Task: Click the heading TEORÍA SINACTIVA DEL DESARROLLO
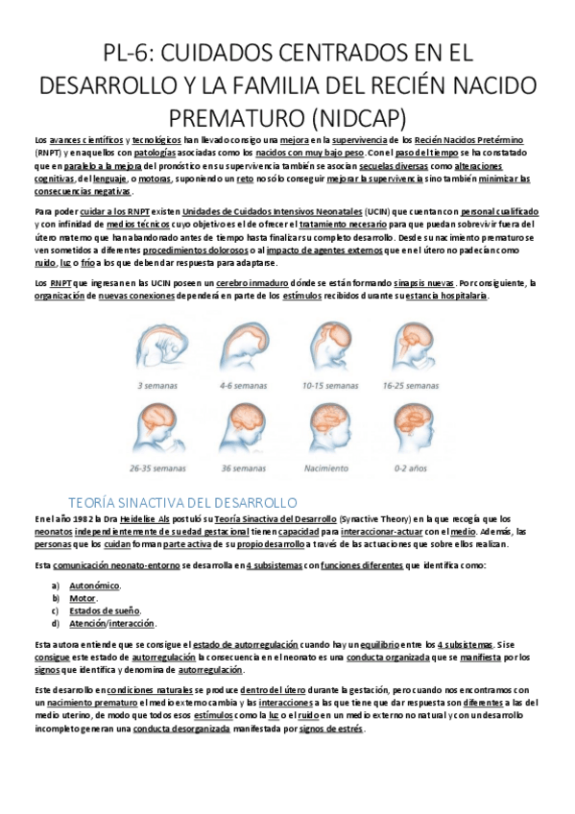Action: point(183,502)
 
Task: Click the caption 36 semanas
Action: point(246,468)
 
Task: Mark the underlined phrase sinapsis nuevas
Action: point(423,283)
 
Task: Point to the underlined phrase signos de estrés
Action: point(331,729)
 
